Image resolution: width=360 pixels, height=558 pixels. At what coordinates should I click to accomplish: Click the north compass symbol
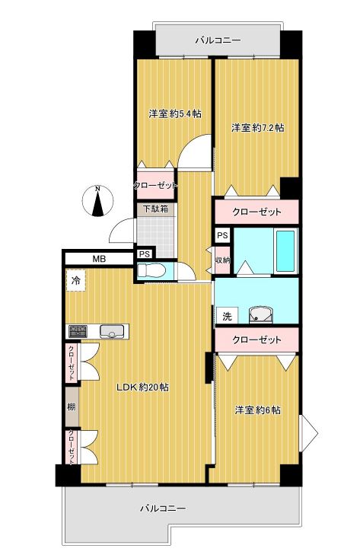pos(97,201)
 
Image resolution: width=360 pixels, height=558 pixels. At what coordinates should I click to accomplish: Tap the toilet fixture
pos(152,271)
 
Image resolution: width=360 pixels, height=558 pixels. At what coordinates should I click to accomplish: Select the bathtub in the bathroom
pos(285,251)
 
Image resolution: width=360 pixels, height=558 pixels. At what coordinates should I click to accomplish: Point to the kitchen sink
pos(112,331)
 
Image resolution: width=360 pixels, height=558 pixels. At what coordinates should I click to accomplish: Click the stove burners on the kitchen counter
pos(78,331)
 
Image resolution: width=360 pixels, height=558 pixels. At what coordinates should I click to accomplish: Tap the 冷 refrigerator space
pos(76,280)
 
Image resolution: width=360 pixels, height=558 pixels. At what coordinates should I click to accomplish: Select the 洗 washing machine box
pos(227,316)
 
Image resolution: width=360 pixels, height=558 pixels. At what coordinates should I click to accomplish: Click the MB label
pos(99,259)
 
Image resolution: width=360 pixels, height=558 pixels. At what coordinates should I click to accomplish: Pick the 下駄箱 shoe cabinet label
pos(155,209)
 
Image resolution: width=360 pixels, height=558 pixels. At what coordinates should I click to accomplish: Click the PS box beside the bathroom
pos(223,235)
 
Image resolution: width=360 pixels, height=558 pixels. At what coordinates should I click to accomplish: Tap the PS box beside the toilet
pos(145,254)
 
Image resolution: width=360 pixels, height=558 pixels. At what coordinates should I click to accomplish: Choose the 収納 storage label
pos(223,260)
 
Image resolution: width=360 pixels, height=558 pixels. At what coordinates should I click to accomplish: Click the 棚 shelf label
pos(72,407)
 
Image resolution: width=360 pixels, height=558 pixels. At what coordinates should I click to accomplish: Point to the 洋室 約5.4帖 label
pos(175,114)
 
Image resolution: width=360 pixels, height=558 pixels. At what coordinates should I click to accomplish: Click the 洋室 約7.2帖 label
pos(257,127)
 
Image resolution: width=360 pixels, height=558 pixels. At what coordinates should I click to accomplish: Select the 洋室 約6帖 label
pos(257,410)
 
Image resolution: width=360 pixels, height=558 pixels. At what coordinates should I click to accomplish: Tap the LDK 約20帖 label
pos(143,387)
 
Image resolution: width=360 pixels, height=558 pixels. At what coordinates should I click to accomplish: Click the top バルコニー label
pos(218,40)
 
